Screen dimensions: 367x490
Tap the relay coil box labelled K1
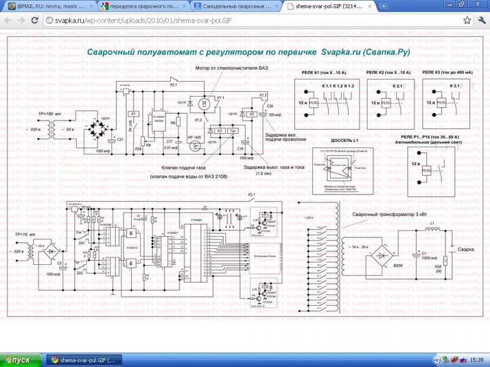click(x=133, y=114)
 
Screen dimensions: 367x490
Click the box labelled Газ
click(x=233, y=131)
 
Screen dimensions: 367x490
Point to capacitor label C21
click(x=120, y=140)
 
